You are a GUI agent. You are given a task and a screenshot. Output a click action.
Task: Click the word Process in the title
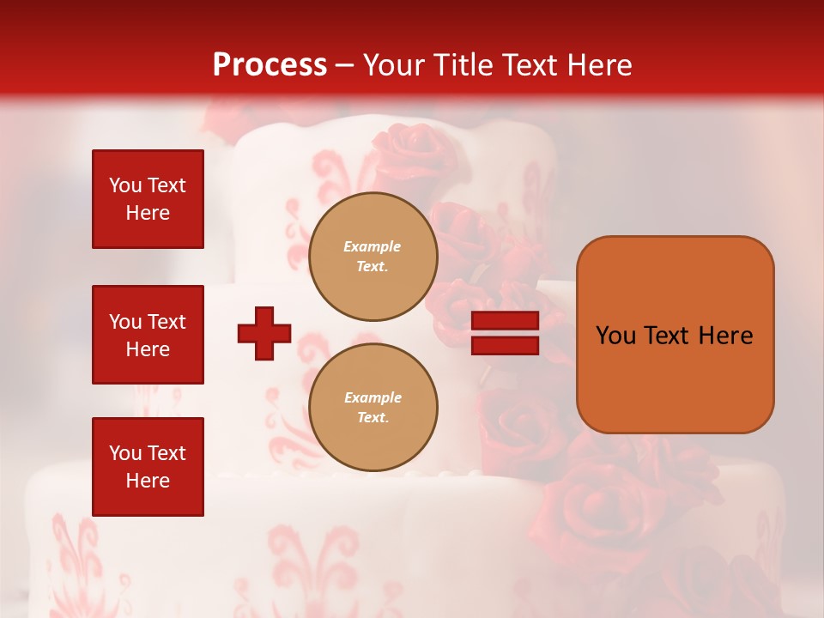270,65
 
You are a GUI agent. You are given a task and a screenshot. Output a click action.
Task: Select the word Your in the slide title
394,65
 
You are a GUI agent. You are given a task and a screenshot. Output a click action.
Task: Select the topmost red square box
148,199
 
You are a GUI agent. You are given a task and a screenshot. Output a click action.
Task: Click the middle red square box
148,335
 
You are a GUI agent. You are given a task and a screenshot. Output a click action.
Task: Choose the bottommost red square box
148,467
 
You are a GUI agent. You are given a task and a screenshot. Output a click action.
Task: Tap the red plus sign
264,333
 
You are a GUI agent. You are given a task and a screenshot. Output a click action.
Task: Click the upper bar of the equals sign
506,321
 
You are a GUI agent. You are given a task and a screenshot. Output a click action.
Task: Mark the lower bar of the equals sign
506,346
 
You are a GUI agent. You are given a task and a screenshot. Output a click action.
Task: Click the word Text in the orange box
667,336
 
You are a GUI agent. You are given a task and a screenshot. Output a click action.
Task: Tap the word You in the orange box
615,336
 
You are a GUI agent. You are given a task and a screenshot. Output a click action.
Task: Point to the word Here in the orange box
726,336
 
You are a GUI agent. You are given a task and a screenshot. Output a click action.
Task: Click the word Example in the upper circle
373,246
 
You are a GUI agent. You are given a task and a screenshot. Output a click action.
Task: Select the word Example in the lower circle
373,397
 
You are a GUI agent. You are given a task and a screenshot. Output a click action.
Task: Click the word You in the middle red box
124,322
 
